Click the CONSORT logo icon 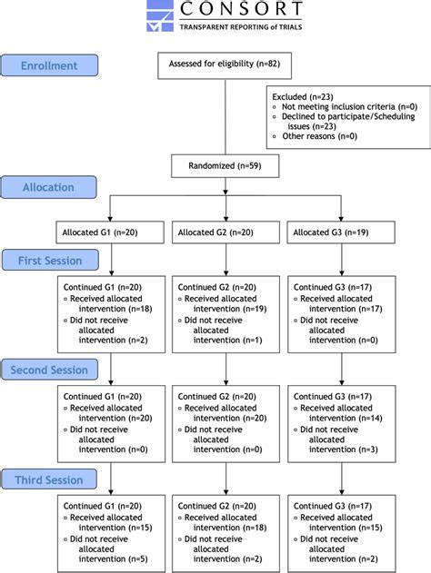click(x=160, y=16)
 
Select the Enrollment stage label click(x=49, y=65)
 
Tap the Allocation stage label click(x=49, y=187)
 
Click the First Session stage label click(x=51, y=261)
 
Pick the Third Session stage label click(x=51, y=479)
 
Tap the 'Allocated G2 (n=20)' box click(x=215, y=233)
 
